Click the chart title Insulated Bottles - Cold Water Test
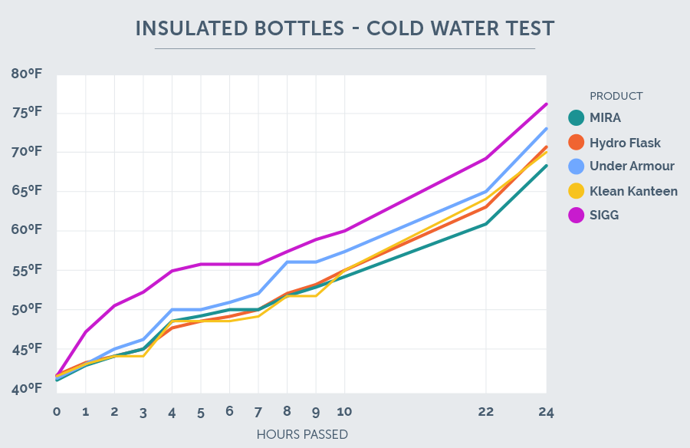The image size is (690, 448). point(344,28)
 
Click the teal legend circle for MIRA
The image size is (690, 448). point(577,118)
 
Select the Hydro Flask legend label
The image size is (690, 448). point(625,143)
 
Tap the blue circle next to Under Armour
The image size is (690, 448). point(577,166)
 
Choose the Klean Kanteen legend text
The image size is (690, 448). point(633,191)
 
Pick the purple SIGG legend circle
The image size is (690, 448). point(577,216)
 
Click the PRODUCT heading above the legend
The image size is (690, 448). point(616,96)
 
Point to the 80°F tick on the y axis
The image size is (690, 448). point(26,74)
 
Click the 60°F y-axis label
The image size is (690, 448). point(26,231)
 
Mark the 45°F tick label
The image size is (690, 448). point(26,350)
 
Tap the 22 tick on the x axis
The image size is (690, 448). point(485,412)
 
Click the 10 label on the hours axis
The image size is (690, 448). point(344,412)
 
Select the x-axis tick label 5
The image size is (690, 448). point(200,412)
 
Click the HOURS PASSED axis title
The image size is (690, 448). point(302,434)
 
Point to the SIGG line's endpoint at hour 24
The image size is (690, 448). point(546,104)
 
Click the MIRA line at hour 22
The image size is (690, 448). point(485,224)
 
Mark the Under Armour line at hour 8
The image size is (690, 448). point(287,262)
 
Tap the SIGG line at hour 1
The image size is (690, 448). point(85,332)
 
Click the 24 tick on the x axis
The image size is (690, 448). point(545,412)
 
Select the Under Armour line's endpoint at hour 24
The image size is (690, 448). point(546,128)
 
